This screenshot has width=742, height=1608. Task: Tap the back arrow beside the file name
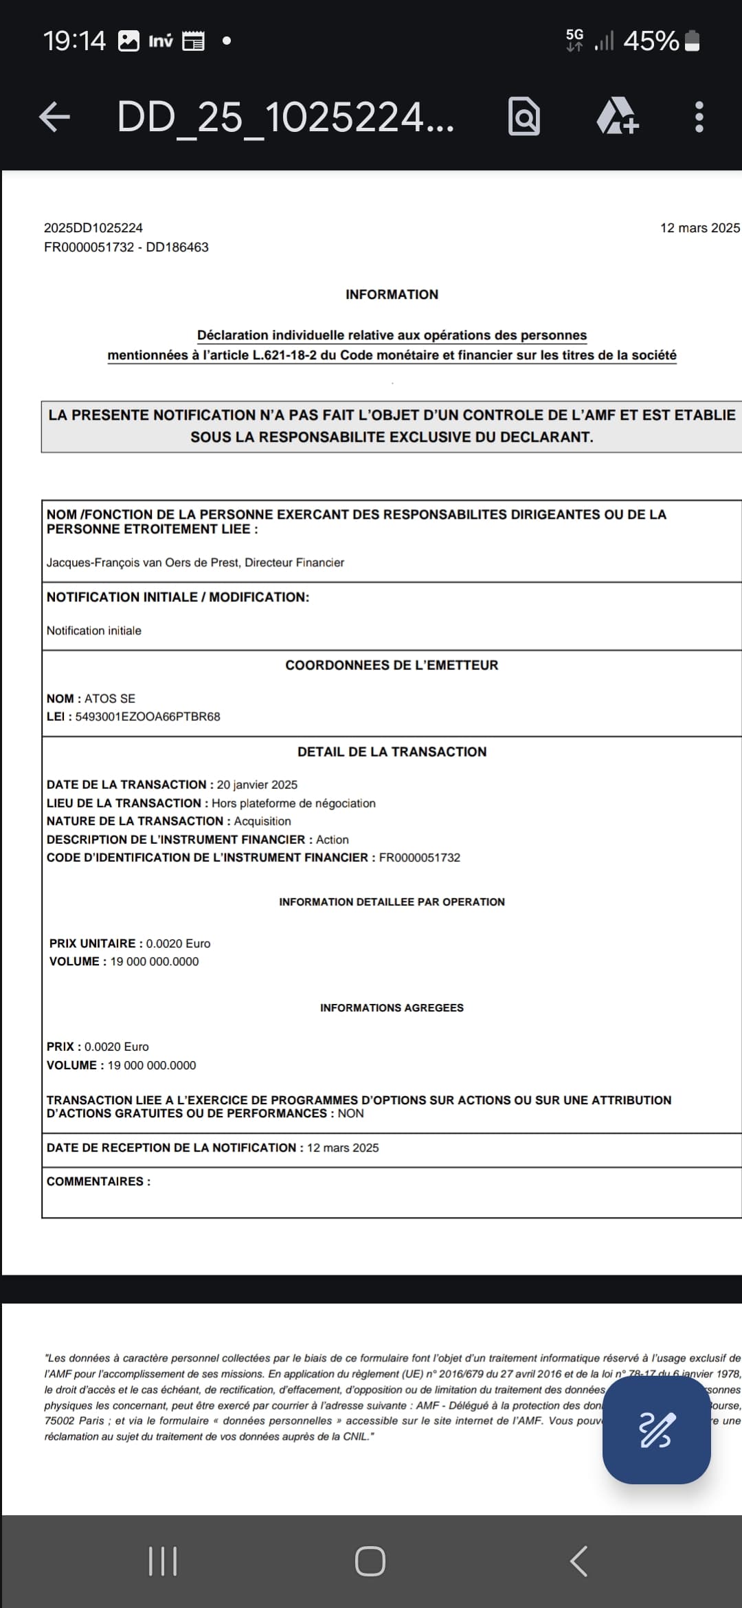(55, 117)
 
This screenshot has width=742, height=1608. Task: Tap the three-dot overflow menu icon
(699, 117)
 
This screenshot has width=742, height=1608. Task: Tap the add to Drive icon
(617, 117)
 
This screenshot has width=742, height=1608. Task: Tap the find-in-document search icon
(524, 117)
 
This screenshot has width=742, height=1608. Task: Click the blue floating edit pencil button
(656, 1430)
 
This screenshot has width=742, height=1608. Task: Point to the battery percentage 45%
(651, 41)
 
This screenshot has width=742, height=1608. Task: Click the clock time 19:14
(74, 41)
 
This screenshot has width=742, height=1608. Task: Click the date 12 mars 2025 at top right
(699, 228)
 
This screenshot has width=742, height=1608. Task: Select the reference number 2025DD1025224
(93, 228)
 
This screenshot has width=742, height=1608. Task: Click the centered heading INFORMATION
(392, 295)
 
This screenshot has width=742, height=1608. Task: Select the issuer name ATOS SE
(110, 699)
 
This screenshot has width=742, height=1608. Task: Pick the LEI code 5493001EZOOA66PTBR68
(148, 717)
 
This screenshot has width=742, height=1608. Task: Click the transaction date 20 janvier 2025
(257, 785)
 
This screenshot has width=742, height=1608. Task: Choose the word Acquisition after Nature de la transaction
(262, 821)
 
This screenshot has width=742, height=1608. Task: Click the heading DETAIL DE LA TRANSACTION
(392, 752)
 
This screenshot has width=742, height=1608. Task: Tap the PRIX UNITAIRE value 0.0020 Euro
(178, 943)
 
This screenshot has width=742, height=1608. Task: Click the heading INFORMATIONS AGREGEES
(392, 1008)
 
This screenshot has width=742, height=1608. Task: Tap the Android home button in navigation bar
(370, 1561)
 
